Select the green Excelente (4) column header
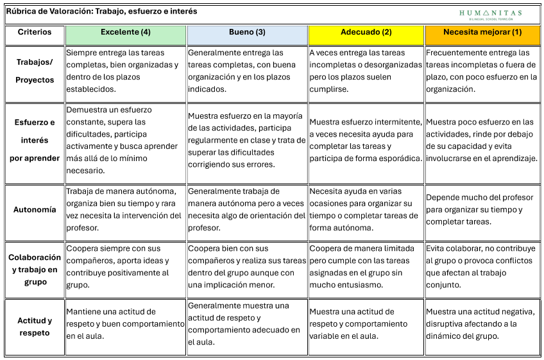(126, 33)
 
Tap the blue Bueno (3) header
(247, 33)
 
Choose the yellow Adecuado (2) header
(366, 33)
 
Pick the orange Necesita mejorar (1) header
(482, 33)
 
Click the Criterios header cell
(35, 33)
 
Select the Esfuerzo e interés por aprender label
(35, 140)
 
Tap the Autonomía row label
(35, 209)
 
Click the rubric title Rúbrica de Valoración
(101, 12)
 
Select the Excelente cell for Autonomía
(126, 209)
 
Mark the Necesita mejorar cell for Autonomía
(482, 209)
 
